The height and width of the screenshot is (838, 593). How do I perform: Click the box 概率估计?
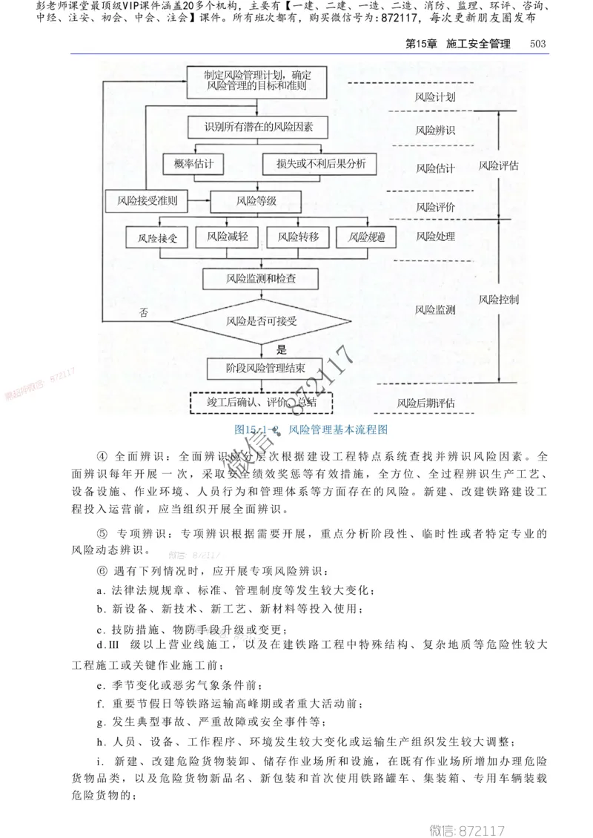pos(193,165)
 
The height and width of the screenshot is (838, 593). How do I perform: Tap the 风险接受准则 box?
pos(146,200)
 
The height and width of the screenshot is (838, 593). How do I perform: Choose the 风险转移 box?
pos(298,237)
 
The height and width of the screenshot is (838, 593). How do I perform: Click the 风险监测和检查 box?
pos(261,279)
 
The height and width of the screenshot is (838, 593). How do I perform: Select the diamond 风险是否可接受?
pos(261,320)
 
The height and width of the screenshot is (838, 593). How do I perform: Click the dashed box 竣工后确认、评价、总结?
pos(261,402)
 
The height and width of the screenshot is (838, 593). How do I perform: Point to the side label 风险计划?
pos(435,97)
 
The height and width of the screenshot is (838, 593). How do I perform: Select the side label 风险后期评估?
pos(425,403)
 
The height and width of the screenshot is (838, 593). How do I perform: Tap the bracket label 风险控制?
pos(498,300)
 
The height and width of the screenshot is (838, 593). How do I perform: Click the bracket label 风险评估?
pos(498,165)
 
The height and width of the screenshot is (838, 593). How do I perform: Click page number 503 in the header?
pos(537,44)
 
